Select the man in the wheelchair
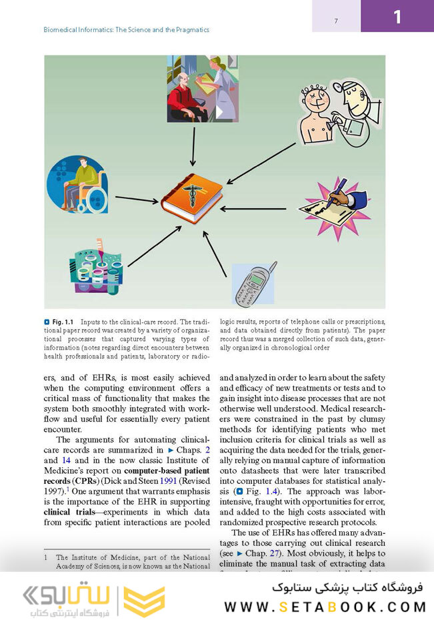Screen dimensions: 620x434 (x=76, y=186)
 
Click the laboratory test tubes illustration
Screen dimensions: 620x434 (x=95, y=266)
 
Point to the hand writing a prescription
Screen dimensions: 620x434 (x=333, y=203)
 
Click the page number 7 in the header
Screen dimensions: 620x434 (x=336, y=22)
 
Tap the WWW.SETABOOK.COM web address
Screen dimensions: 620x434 (x=325, y=607)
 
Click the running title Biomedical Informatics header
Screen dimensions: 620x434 (x=127, y=30)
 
